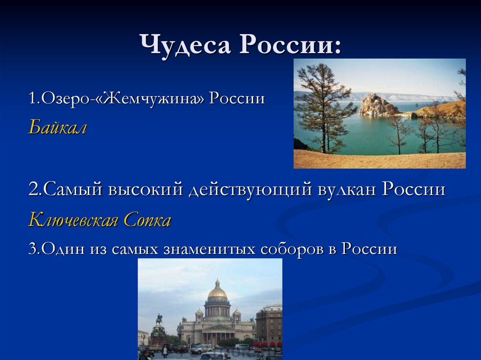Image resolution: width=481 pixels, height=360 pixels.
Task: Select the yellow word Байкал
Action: [57, 127]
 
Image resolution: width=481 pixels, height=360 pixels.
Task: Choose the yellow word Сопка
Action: [147, 221]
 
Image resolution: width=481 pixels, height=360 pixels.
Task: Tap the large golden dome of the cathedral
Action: [217, 291]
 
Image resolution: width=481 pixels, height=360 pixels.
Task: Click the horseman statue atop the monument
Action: [159, 320]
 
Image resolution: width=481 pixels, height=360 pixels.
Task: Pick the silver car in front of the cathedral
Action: [202, 349]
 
